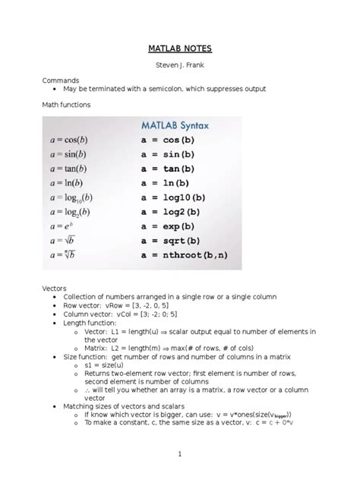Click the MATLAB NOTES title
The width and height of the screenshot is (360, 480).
click(x=179, y=49)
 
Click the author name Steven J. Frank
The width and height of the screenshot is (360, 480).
click(x=179, y=65)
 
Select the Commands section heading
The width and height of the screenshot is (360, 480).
click(x=62, y=80)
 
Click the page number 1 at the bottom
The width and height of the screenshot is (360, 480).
click(x=179, y=454)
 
